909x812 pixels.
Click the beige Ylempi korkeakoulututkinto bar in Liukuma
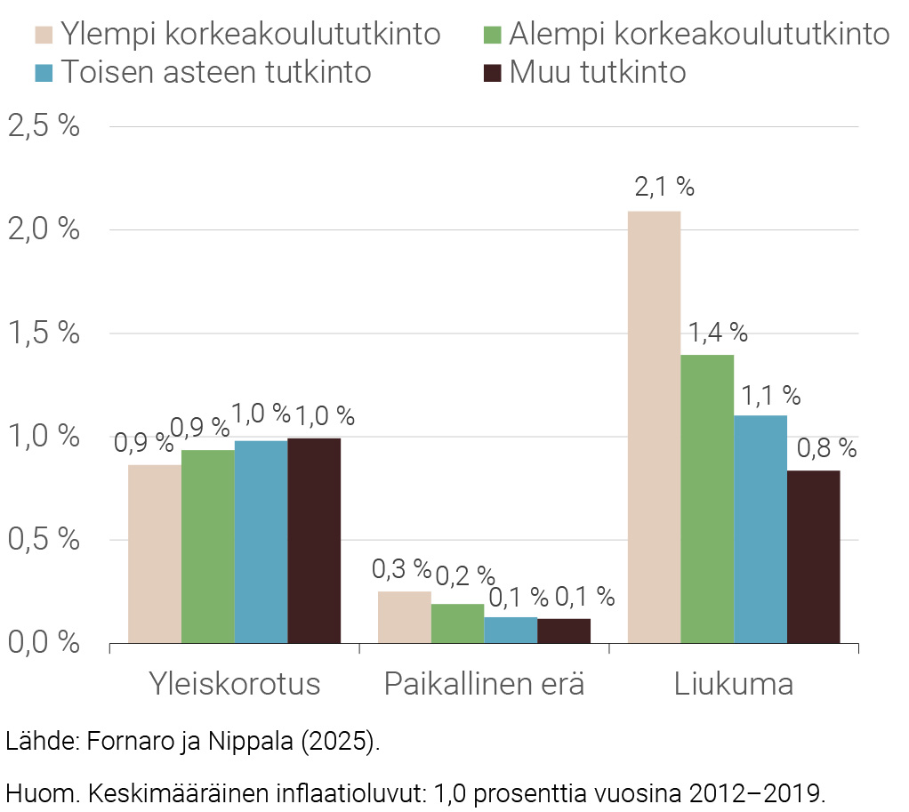pyautogui.click(x=654, y=427)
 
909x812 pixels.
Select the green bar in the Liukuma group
pyautogui.click(x=707, y=498)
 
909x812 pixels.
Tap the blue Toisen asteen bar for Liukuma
pyautogui.click(x=760, y=529)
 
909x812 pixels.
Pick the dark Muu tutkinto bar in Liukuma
pyautogui.click(x=814, y=557)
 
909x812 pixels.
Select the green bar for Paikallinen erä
pyautogui.click(x=457, y=623)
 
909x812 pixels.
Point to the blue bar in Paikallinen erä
pyautogui.click(x=511, y=630)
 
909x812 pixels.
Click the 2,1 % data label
pyautogui.click(x=664, y=187)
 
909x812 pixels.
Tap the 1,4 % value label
pyautogui.click(x=717, y=333)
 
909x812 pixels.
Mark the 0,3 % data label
pyautogui.click(x=401, y=568)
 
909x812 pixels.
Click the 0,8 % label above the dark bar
pyautogui.click(x=826, y=449)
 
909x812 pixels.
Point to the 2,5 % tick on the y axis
pyautogui.click(x=44, y=126)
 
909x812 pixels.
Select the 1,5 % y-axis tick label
pyautogui.click(x=44, y=334)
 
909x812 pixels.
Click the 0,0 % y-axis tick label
pyautogui.click(x=44, y=642)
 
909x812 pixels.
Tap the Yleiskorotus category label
pyautogui.click(x=234, y=685)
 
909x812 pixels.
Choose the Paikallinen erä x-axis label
pyautogui.click(x=484, y=685)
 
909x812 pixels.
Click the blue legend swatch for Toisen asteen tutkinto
pyautogui.click(x=46, y=71)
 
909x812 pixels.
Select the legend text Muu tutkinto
pyautogui.click(x=597, y=72)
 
